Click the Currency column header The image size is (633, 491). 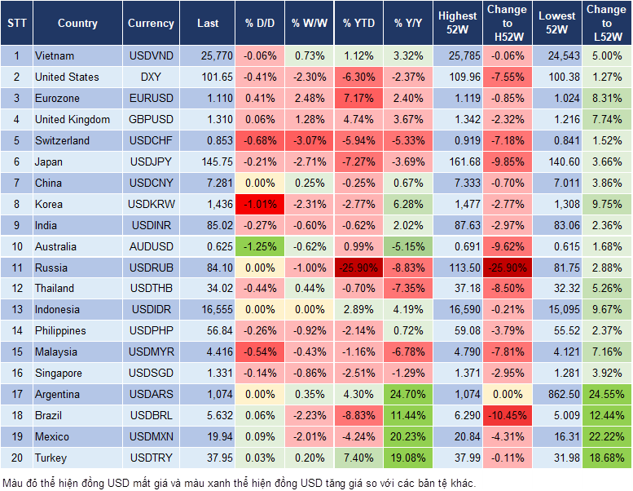151,24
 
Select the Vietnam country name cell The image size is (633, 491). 55,55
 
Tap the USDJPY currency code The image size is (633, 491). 151,161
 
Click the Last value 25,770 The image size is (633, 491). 208,55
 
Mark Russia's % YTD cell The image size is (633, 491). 358,268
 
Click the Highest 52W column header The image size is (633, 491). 458,24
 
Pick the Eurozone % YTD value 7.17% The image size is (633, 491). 358,98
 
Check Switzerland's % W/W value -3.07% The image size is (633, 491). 309,140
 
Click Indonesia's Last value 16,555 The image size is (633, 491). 208,310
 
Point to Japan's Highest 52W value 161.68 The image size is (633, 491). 458,161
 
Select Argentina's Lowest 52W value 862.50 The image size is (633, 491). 556,394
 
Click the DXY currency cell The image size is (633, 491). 151,77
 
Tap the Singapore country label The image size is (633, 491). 59,373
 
